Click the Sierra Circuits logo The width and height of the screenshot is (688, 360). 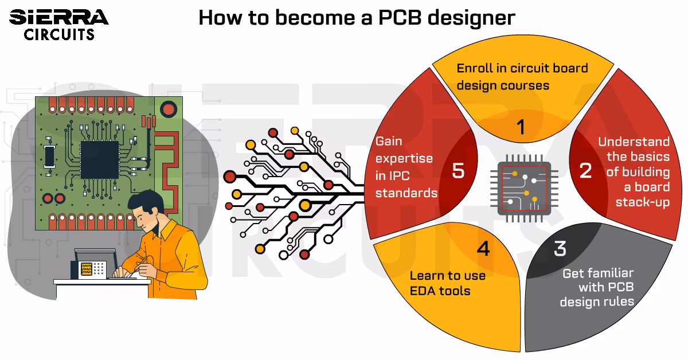(58, 25)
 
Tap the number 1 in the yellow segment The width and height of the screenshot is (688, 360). (520, 127)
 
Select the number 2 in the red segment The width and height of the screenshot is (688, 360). (585, 170)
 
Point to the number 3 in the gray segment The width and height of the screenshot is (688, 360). (560, 248)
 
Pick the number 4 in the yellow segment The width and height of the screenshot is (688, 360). (483, 249)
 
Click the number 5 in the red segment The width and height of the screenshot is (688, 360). (458, 171)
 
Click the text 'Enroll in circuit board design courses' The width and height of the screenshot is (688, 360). (522, 76)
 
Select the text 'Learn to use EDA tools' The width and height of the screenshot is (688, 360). (447, 283)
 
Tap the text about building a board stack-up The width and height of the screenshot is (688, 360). (638, 172)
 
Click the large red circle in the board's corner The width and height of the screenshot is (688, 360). (168, 108)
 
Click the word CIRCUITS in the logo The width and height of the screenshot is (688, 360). (59, 35)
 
